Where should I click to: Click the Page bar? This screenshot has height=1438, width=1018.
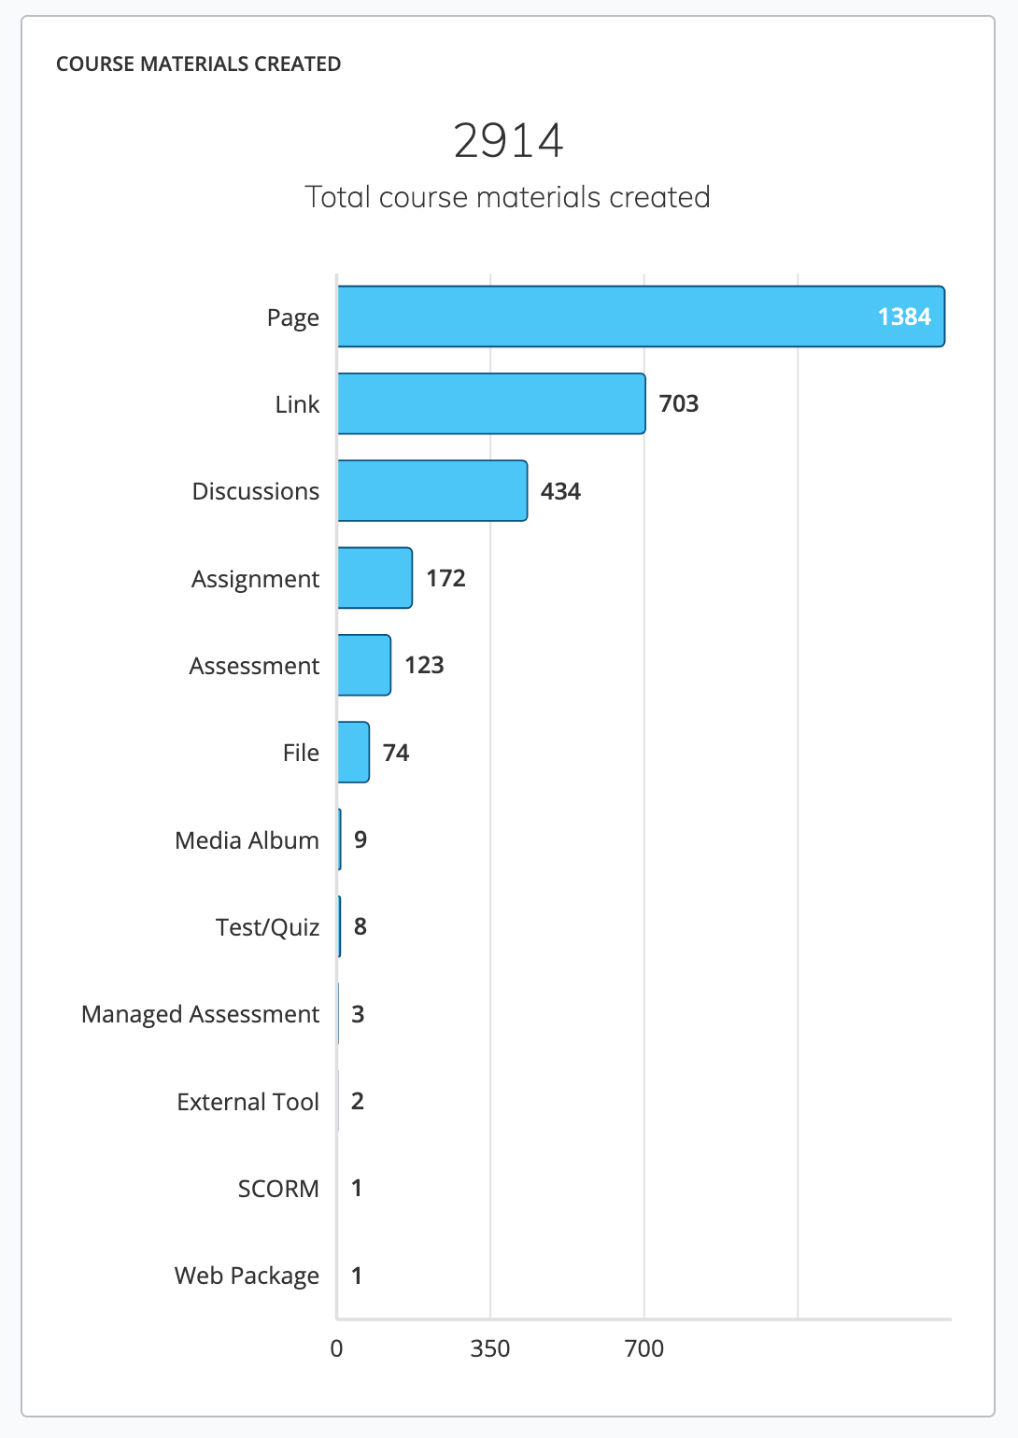click(641, 317)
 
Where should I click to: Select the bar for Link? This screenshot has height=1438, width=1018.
click(491, 403)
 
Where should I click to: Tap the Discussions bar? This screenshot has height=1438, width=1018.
click(432, 490)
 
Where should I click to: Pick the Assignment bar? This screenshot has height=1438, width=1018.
click(375, 578)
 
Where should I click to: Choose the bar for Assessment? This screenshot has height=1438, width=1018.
click(364, 665)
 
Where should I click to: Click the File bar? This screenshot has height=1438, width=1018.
click(353, 753)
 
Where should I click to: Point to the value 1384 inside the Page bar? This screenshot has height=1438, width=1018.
click(904, 317)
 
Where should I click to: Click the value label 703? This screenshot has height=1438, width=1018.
click(679, 403)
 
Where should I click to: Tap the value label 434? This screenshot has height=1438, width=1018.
click(560, 491)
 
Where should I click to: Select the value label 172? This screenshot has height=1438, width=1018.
click(445, 578)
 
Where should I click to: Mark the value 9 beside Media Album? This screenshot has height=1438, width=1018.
click(361, 839)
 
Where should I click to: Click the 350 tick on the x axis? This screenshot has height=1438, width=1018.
click(490, 1348)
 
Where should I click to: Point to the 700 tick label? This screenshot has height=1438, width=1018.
click(644, 1348)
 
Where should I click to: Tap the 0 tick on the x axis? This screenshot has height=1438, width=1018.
click(336, 1348)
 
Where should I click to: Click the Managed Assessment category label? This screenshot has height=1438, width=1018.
click(200, 1014)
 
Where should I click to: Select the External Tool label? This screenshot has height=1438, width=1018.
click(247, 1102)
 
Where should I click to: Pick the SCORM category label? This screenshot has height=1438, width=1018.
click(278, 1189)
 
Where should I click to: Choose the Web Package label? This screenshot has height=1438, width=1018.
click(247, 1276)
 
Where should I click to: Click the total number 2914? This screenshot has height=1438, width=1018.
click(508, 141)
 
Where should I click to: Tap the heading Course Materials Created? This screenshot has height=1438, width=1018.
click(198, 63)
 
